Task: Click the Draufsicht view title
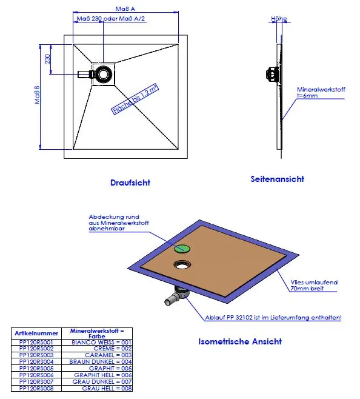[x=130, y=183]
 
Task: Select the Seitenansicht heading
[x=278, y=179]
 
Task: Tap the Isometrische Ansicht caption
[x=240, y=341]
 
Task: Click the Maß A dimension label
[x=125, y=9]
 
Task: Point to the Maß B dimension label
[x=37, y=95]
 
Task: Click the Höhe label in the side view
[x=279, y=19]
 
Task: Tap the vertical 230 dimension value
[x=48, y=59]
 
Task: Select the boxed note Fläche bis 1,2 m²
[x=135, y=99]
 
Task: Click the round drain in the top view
[x=104, y=74]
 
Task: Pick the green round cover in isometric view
[x=182, y=249]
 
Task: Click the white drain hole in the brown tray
[x=182, y=265]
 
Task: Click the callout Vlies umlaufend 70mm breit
[x=314, y=285]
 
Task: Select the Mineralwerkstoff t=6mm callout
[x=321, y=93]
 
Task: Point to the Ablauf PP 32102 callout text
[x=273, y=318]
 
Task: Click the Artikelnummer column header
[x=36, y=334]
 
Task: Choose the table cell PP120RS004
[x=36, y=361]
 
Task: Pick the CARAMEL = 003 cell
[x=108, y=355]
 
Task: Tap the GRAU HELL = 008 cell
[x=107, y=388]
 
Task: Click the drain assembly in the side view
[x=273, y=75]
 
